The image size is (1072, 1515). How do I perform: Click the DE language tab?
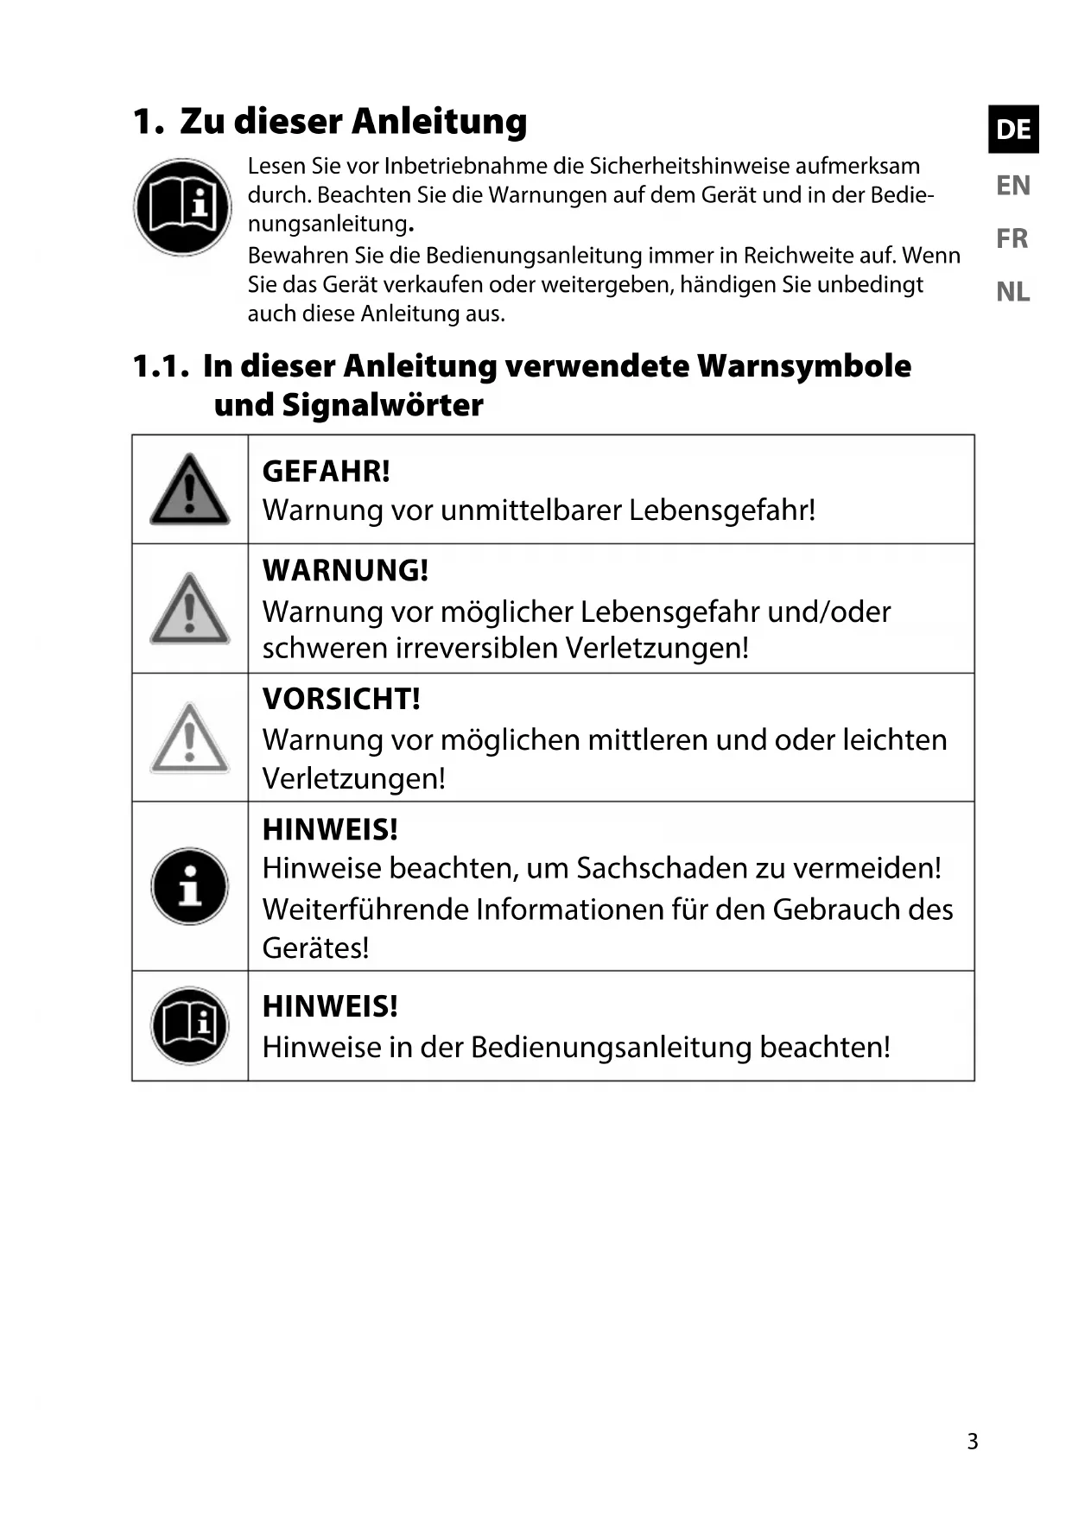pyautogui.click(x=1013, y=130)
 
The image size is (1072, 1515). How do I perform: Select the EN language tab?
pyautogui.click(x=1013, y=186)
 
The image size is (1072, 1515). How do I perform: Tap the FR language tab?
pyautogui.click(x=1012, y=238)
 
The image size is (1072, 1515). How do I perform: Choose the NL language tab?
pyautogui.click(x=1012, y=292)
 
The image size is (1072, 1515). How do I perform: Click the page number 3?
pyautogui.click(x=973, y=1442)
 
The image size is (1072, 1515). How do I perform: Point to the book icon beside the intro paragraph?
pyautogui.click(x=182, y=207)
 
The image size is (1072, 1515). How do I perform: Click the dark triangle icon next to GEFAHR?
pyautogui.click(x=190, y=490)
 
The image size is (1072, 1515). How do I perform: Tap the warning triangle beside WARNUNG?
pyautogui.click(x=190, y=609)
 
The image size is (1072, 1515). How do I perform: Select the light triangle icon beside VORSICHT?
pyautogui.click(x=190, y=738)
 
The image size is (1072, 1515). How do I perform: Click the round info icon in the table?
pyautogui.click(x=190, y=887)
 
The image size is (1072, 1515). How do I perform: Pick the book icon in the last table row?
pyautogui.click(x=190, y=1026)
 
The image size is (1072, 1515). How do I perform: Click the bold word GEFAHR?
pyautogui.click(x=326, y=472)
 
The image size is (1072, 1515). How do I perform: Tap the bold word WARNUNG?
pyautogui.click(x=345, y=571)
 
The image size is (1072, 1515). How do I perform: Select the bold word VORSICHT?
pyautogui.click(x=341, y=700)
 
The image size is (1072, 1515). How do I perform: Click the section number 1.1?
pyautogui.click(x=161, y=366)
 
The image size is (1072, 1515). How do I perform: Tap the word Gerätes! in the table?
pyautogui.click(x=315, y=948)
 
